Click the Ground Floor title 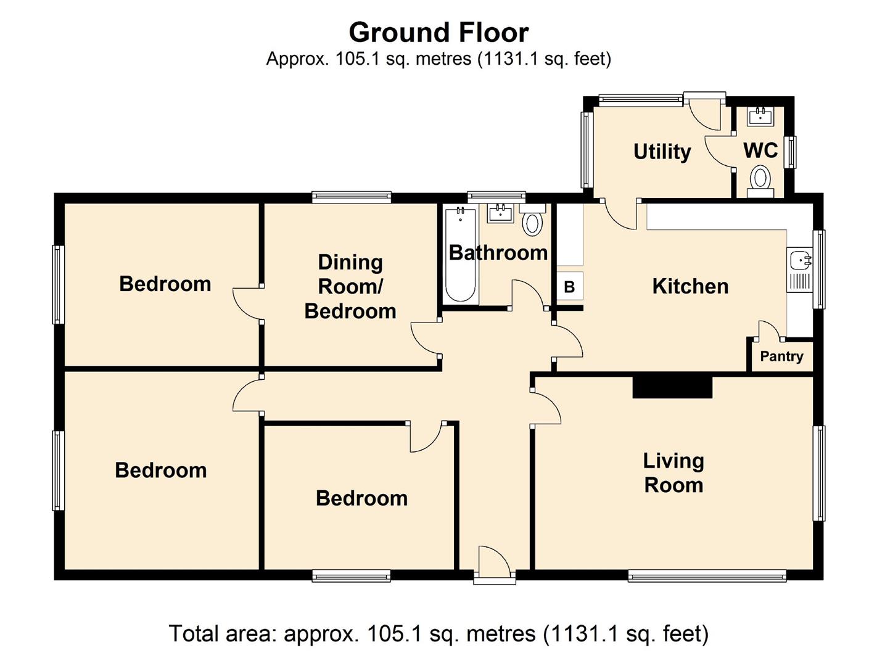point(439,32)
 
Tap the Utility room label point(662,152)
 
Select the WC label point(760,150)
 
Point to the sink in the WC point(760,117)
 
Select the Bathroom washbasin point(500,213)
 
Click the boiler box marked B point(570,287)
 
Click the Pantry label point(781,356)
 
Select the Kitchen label point(690,287)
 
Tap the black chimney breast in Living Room point(672,387)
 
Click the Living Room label point(673,473)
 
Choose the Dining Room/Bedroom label point(350,287)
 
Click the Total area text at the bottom point(439,634)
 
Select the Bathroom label point(498,253)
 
